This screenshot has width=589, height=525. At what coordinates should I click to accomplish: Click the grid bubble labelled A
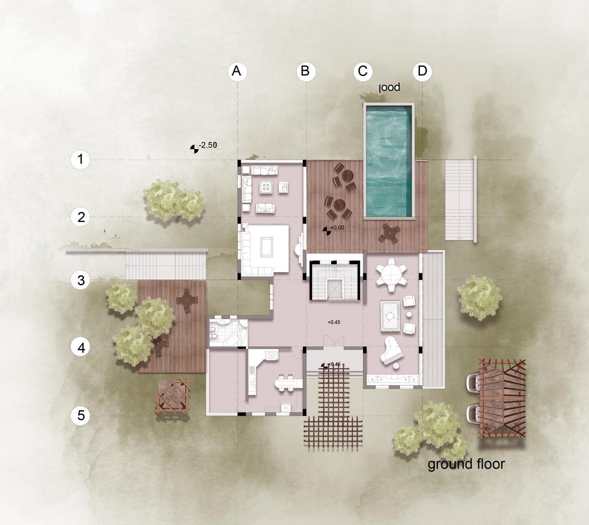pyautogui.click(x=237, y=71)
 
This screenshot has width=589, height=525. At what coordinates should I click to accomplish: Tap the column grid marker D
pyautogui.click(x=422, y=71)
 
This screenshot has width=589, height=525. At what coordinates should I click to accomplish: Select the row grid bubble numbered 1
pyautogui.click(x=80, y=160)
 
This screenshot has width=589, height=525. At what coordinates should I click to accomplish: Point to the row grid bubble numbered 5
pyautogui.click(x=80, y=416)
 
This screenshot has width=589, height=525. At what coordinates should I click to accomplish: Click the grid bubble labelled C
pyautogui.click(x=363, y=71)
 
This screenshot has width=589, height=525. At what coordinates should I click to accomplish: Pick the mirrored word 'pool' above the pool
pyautogui.click(x=389, y=88)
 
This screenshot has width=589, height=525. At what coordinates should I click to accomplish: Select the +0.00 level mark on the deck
pyautogui.click(x=337, y=228)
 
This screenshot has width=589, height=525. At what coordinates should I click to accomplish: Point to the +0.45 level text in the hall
pyautogui.click(x=334, y=322)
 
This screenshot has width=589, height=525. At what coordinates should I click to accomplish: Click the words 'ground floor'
pyautogui.click(x=466, y=463)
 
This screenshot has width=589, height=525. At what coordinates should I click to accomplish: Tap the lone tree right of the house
pyautogui.click(x=480, y=297)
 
